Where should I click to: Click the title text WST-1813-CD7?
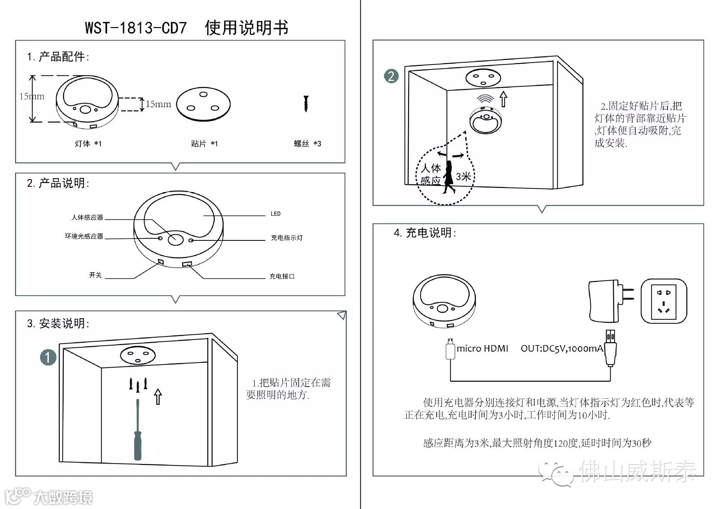click(136, 28)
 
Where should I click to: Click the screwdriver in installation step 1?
click(138, 431)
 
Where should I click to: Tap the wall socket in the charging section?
click(664, 301)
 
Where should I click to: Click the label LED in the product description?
click(276, 214)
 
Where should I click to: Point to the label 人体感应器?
click(87, 218)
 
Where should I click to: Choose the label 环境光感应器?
click(84, 236)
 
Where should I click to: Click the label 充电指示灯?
click(286, 238)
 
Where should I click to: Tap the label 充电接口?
click(282, 276)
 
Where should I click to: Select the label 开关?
click(95, 275)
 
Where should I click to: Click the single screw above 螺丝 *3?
click(306, 104)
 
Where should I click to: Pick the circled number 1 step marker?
click(48, 357)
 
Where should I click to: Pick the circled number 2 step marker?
click(391, 76)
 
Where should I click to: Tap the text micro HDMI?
click(482, 348)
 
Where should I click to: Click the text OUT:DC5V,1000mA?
click(562, 348)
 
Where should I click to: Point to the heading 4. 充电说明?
click(425, 233)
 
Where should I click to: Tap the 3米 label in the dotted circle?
click(463, 176)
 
